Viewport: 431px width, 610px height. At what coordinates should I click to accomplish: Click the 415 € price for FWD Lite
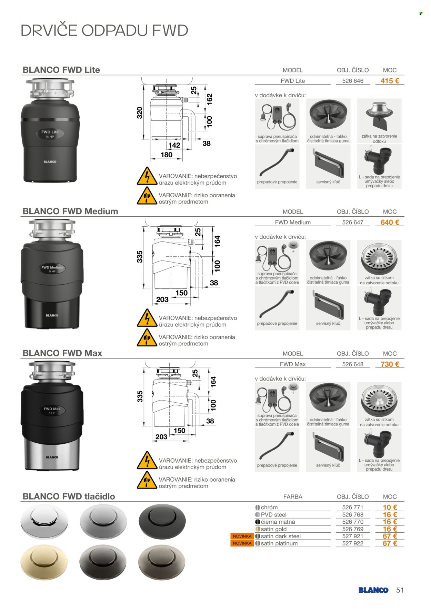point(390,81)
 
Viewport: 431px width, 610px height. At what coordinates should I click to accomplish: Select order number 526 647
point(353,223)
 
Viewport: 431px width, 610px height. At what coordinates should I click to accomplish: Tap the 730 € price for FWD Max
point(390,364)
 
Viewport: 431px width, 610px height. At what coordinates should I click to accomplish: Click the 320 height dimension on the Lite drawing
point(140,113)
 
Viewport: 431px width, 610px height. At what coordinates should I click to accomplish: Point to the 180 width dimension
point(167,155)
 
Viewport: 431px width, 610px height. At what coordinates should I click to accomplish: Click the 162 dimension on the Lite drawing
point(209,99)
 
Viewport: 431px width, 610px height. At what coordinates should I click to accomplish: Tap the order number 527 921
point(353,537)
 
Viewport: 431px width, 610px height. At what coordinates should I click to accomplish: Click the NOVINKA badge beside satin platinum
point(242,543)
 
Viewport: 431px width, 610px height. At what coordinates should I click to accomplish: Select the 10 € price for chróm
point(390,508)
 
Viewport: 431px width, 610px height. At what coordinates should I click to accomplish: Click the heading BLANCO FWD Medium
point(70,211)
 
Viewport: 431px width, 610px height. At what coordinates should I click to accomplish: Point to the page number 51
point(400,590)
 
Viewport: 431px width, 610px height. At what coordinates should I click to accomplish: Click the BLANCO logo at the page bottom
point(373,590)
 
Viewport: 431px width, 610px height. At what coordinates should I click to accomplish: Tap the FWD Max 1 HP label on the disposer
point(52,411)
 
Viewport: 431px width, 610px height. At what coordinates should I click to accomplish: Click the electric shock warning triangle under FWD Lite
point(147,176)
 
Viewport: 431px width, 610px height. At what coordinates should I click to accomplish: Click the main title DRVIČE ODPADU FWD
point(104,30)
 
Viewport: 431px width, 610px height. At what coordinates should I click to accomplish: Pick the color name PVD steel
point(274,515)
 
